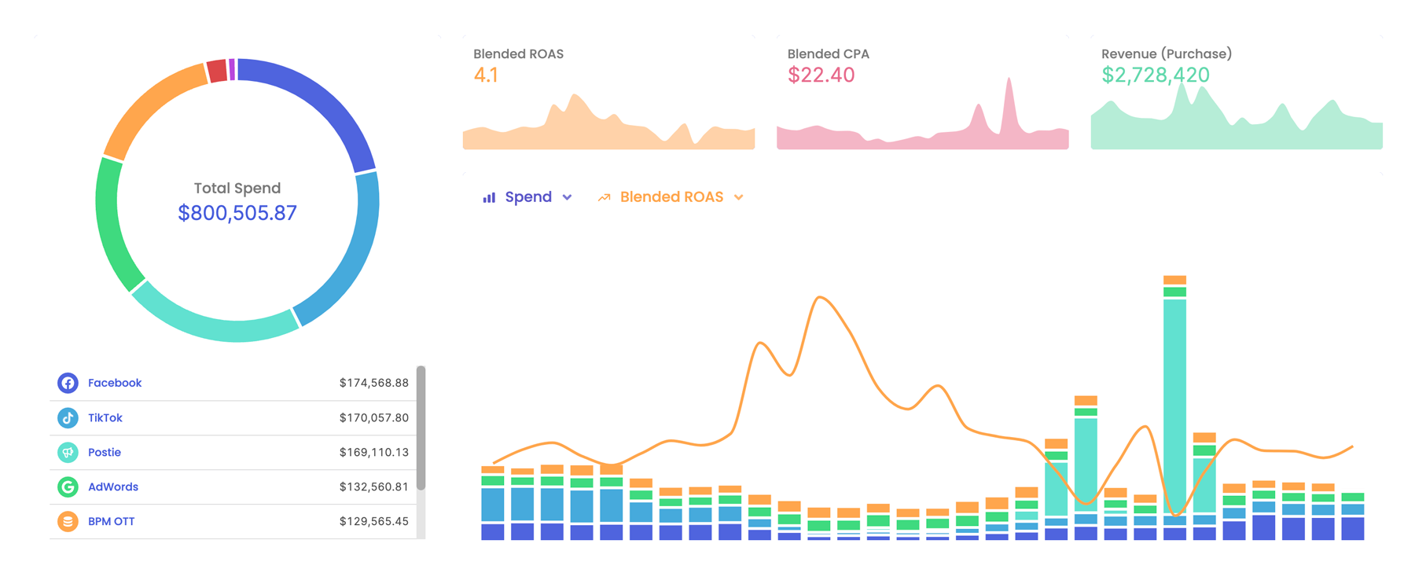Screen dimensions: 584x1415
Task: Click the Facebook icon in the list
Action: [x=68, y=383]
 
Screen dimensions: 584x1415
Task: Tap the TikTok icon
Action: [x=68, y=417]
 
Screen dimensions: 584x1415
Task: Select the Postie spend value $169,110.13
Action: [x=373, y=452]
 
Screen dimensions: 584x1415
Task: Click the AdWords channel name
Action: [x=113, y=487]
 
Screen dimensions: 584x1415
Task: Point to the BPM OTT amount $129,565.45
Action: [x=373, y=521]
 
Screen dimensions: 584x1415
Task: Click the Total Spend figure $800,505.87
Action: [x=237, y=213]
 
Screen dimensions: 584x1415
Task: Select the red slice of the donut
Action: [x=218, y=72]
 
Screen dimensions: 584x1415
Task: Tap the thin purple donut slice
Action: [x=232, y=69]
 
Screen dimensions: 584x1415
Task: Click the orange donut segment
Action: [x=149, y=106]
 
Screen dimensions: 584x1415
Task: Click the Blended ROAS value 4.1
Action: [x=486, y=75]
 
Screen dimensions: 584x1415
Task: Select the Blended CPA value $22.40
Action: [x=821, y=75]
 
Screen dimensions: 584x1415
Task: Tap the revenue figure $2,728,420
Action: [x=1155, y=75]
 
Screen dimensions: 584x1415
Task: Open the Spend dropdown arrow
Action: [x=567, y=197]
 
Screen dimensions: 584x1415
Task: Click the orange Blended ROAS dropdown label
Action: [x=671, y=197]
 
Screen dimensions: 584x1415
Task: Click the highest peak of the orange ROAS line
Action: [x=820, y=298]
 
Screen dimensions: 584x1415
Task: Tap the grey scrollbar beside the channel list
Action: [x=421, y=428]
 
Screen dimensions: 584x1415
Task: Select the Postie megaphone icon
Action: [x=68, y=452]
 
